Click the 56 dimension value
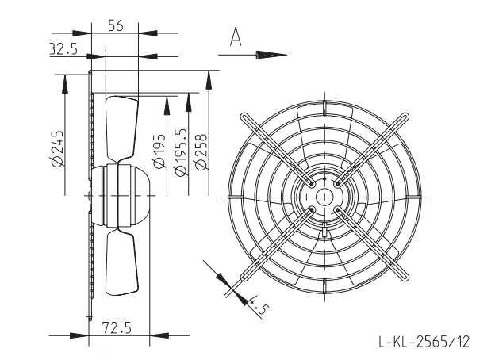coord(116,25)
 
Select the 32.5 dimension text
coord(63,49)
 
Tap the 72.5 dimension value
coord(117,327)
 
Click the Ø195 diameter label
coord(159,151)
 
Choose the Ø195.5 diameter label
coord(181,152)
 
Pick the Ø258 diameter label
coord(201,152)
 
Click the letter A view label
coord(236,37)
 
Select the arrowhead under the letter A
coord(271,55)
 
